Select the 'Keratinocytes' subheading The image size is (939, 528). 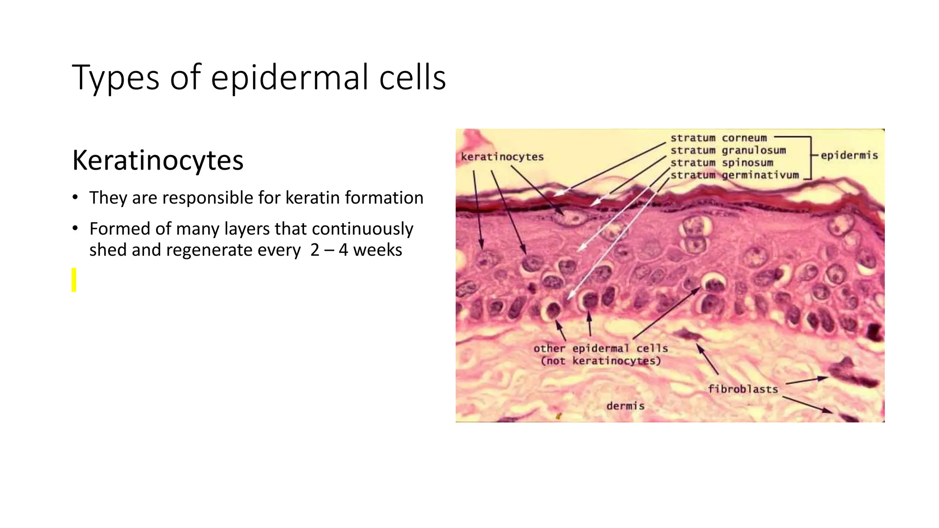click(158, 160)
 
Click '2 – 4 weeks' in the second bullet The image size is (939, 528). click(356, 250)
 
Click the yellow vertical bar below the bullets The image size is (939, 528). click(74, 280)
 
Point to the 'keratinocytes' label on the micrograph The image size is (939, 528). click(502, 157)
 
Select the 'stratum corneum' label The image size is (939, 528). click(718, 138)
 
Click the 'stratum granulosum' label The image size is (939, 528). click(728, 150)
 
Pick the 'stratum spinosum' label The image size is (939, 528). click(721, 163)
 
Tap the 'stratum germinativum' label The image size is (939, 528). click(734, 175)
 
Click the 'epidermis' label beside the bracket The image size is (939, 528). click(849, 155)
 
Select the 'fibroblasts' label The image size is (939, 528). click(742, 389)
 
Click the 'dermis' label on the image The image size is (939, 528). click(625, 406)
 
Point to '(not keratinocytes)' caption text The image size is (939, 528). click(601, 361)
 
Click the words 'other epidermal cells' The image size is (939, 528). click(600, 348)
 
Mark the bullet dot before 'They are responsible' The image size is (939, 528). click(75, 198)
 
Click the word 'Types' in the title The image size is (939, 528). click(115, 78)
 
